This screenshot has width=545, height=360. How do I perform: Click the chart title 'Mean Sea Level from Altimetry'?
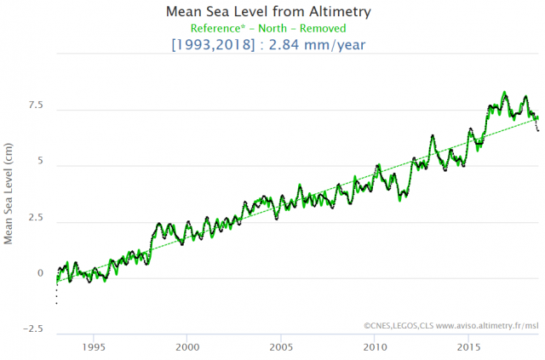(272, 12)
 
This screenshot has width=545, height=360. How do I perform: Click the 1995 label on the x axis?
(94, 347)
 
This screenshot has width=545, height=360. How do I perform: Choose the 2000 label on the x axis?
(187, 347)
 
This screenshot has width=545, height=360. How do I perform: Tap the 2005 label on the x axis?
(281, 347)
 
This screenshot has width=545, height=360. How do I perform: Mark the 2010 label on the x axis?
(375, 347)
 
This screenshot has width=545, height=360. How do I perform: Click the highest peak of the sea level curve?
(505, 91)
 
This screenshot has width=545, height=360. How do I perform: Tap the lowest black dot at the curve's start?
(56, 302)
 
